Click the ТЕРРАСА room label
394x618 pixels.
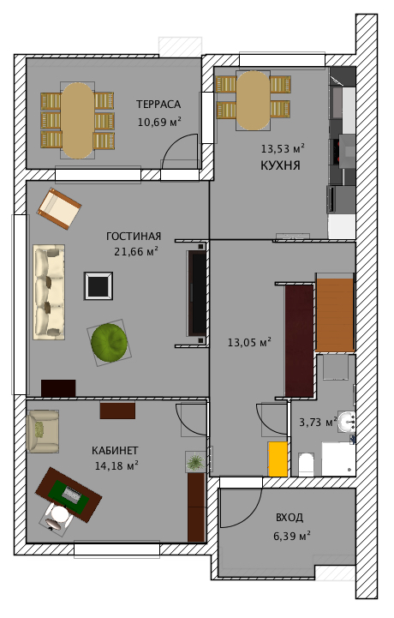click(158, 105)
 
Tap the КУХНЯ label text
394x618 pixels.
click(280, 165)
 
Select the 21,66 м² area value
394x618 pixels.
click(136, 251)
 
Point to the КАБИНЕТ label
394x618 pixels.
click(115, 450)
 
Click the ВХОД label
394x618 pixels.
click(290, 517)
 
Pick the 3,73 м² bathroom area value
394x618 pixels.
click(319, 422)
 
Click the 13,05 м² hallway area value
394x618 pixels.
click(249, 342)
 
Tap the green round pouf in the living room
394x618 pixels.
click(109, 343)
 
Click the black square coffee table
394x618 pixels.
click(98, 285)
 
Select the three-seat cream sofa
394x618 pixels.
click(49, 292)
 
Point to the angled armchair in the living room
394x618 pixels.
click(59, 208)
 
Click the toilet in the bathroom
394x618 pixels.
click(306, 465)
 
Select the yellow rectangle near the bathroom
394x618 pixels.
click(278, 459)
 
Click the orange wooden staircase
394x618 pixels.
click(335, 315)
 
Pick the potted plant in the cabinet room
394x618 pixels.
click(195, 461)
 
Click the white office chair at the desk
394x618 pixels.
click(59, 516)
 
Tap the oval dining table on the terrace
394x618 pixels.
click(78, 121)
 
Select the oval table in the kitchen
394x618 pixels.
click(254, 100)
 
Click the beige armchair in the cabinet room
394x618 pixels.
click(43, 431)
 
